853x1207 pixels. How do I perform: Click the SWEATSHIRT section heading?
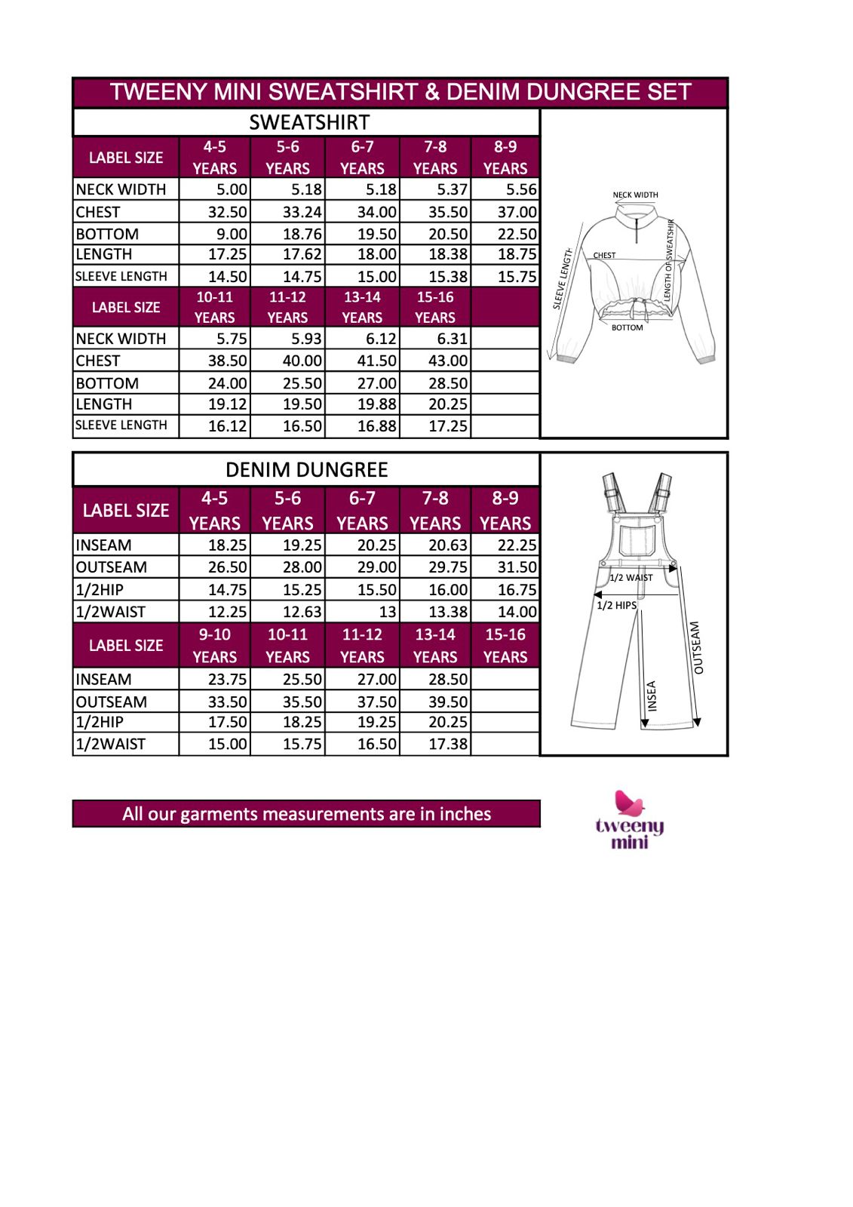coord(309,122)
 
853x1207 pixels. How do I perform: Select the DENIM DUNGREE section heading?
coord(306,470)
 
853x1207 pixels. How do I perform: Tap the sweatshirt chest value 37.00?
coord(517,212)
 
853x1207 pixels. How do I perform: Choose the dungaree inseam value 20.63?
coord(448,545)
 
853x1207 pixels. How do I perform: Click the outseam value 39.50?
coord(448,702)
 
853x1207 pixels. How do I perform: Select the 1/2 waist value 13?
coord(387,612)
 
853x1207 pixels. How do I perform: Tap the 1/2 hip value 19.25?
coord(376,722)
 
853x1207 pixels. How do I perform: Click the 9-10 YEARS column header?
coord(215,646)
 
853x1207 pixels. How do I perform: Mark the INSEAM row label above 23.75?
coord(103,680)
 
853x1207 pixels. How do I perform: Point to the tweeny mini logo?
coord(630,820)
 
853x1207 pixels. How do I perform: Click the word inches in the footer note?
coord(465,814)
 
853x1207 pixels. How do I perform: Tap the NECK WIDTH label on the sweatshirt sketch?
coord(635,195)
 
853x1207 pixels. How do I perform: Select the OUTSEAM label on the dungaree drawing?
coord(697,647)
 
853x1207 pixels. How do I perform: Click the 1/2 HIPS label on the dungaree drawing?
coord(616,605)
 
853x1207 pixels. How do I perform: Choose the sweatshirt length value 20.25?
coord(448,404)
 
